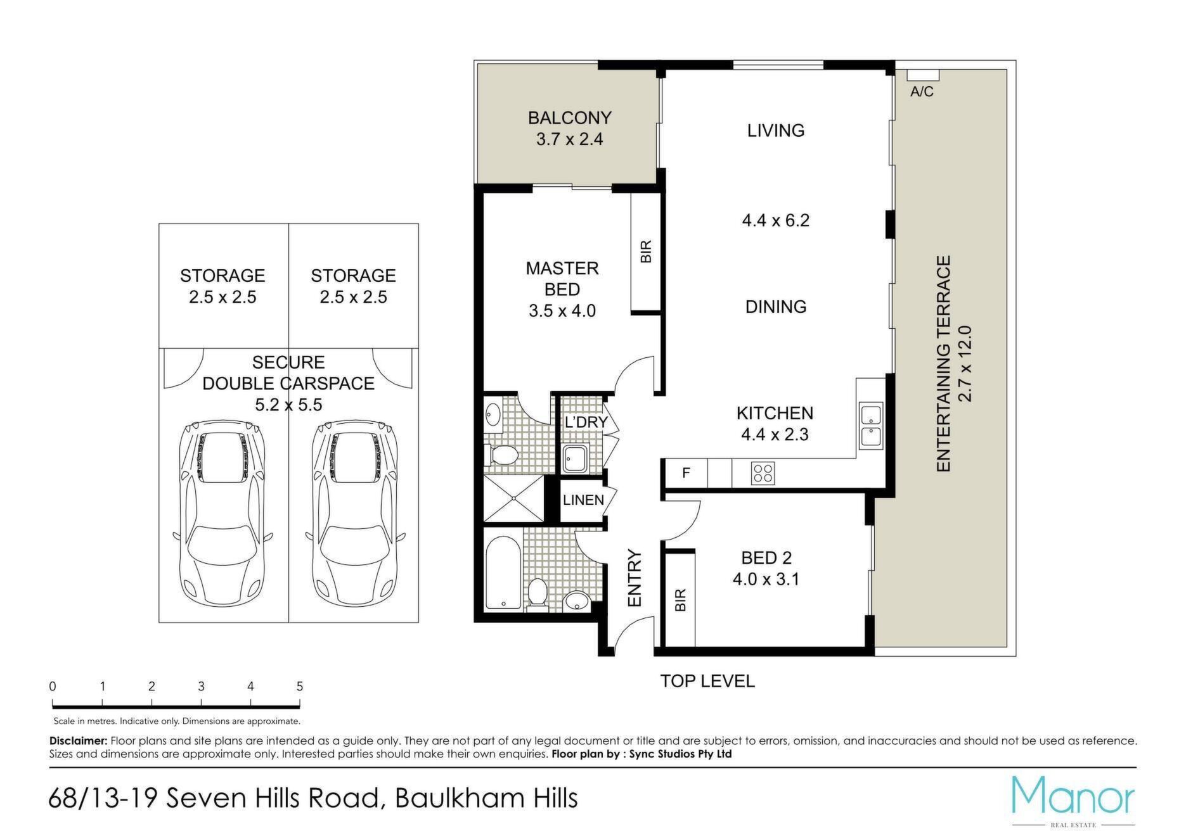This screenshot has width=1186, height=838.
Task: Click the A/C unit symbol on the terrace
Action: (922, 75)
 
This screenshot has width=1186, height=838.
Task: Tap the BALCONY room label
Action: (569, 118)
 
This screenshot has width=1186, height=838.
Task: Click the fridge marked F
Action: (686, 473)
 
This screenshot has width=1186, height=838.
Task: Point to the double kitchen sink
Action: (870, 426)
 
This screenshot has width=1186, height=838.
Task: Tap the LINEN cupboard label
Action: (583, 500)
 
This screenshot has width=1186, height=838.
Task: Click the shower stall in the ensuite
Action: (513, 498)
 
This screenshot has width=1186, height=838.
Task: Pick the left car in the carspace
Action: (221, 512)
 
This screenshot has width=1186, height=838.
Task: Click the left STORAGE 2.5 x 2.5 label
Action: (222, 286)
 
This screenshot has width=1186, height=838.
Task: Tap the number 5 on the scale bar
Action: (300, 687)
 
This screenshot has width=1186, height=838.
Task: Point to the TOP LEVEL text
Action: (707, 682)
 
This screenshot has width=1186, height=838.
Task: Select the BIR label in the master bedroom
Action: (646, 251)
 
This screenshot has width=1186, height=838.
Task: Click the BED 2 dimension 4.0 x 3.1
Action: (766, 580)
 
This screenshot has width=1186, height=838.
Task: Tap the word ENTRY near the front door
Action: (635, 579)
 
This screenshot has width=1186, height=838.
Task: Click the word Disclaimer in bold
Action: (79, 740)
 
